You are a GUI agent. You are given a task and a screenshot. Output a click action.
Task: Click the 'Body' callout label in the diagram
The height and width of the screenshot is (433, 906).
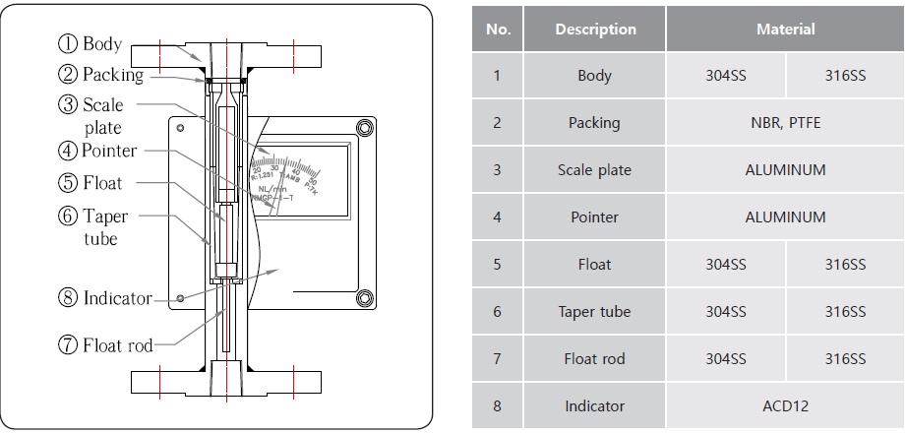coord(102,43)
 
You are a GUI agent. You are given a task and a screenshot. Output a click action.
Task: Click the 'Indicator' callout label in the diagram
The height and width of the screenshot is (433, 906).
coord(117,298)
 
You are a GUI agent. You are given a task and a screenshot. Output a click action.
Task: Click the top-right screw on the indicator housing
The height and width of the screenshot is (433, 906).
coord(364,127)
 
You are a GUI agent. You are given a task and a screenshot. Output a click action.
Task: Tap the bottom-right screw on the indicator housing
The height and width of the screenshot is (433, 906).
coord(364,297)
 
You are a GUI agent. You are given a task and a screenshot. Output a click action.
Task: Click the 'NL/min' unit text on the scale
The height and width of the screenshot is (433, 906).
coord(272,186)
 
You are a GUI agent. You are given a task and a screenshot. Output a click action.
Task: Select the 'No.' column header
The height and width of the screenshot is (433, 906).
coord(498,30)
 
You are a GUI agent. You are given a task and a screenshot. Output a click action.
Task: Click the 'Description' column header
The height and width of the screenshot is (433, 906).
coord(595,30)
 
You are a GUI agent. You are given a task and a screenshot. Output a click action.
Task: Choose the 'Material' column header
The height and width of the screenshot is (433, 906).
coord(785,30)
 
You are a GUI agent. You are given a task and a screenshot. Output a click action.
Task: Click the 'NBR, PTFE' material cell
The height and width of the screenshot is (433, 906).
coord(785,123)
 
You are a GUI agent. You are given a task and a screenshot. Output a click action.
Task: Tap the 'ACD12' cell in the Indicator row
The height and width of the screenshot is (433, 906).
coord(785,405)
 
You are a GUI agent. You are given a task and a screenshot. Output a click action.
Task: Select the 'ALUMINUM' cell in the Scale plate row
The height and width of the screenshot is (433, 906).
coord(785,170)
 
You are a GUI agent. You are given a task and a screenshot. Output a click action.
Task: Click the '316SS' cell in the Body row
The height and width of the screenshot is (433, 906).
coord(845,76)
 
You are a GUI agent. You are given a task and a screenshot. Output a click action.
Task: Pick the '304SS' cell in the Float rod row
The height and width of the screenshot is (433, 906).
coord(726,359)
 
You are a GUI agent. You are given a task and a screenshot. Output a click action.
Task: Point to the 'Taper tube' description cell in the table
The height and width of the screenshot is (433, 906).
coord(595,312)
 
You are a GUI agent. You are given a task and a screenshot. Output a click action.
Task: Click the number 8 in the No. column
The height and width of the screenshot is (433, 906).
coord(498,405)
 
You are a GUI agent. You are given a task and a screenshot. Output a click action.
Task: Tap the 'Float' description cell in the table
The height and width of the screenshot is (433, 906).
coord(595,265)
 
